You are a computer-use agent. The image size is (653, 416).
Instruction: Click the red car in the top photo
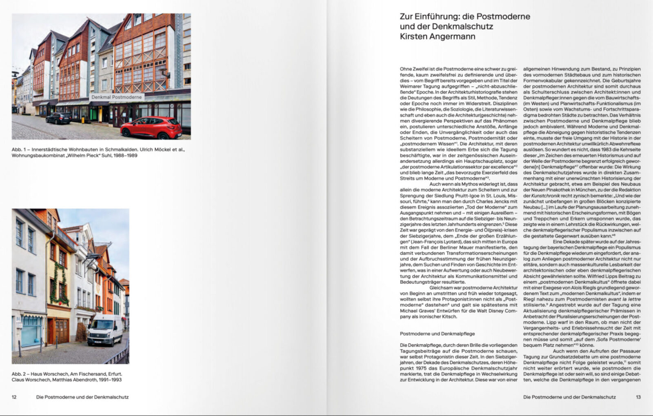point(151,127)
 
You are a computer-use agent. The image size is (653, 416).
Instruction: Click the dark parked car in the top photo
point(59,118)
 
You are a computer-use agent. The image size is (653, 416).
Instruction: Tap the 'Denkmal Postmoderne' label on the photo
point(117,97)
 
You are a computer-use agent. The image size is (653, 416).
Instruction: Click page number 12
point(14,397)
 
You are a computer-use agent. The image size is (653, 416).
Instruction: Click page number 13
point(638,397)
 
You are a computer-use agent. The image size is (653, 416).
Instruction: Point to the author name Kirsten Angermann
point(432,36)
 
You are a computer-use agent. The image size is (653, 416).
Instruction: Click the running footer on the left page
point(82,397)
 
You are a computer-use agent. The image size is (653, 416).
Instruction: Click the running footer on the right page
point(569,397)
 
